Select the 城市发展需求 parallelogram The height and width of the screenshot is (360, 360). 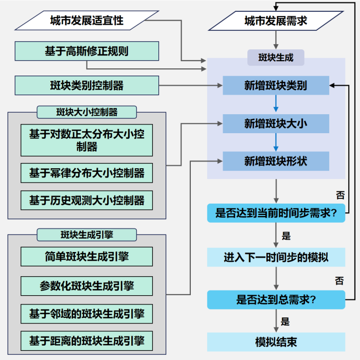276,21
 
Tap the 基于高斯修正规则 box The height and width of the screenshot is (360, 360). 86,51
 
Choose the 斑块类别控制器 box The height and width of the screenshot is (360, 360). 86,85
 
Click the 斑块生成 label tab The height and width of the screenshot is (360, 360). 276,58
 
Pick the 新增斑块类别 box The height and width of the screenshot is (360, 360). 276,85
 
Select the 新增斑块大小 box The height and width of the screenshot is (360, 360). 276,124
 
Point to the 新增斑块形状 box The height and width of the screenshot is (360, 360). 276,161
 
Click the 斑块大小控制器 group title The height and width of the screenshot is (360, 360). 87,112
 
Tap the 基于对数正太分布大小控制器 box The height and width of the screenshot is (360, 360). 86,140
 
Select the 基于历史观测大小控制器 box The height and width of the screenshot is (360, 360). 86,200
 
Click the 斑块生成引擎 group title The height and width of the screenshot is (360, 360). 87,235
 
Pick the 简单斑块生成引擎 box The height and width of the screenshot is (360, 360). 86,257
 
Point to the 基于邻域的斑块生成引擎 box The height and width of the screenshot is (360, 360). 86,313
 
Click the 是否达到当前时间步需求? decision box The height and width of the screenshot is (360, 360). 276,213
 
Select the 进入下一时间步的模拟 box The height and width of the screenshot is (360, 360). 276,257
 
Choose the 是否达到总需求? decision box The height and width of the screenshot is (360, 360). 276,300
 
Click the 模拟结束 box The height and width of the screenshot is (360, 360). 276,342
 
